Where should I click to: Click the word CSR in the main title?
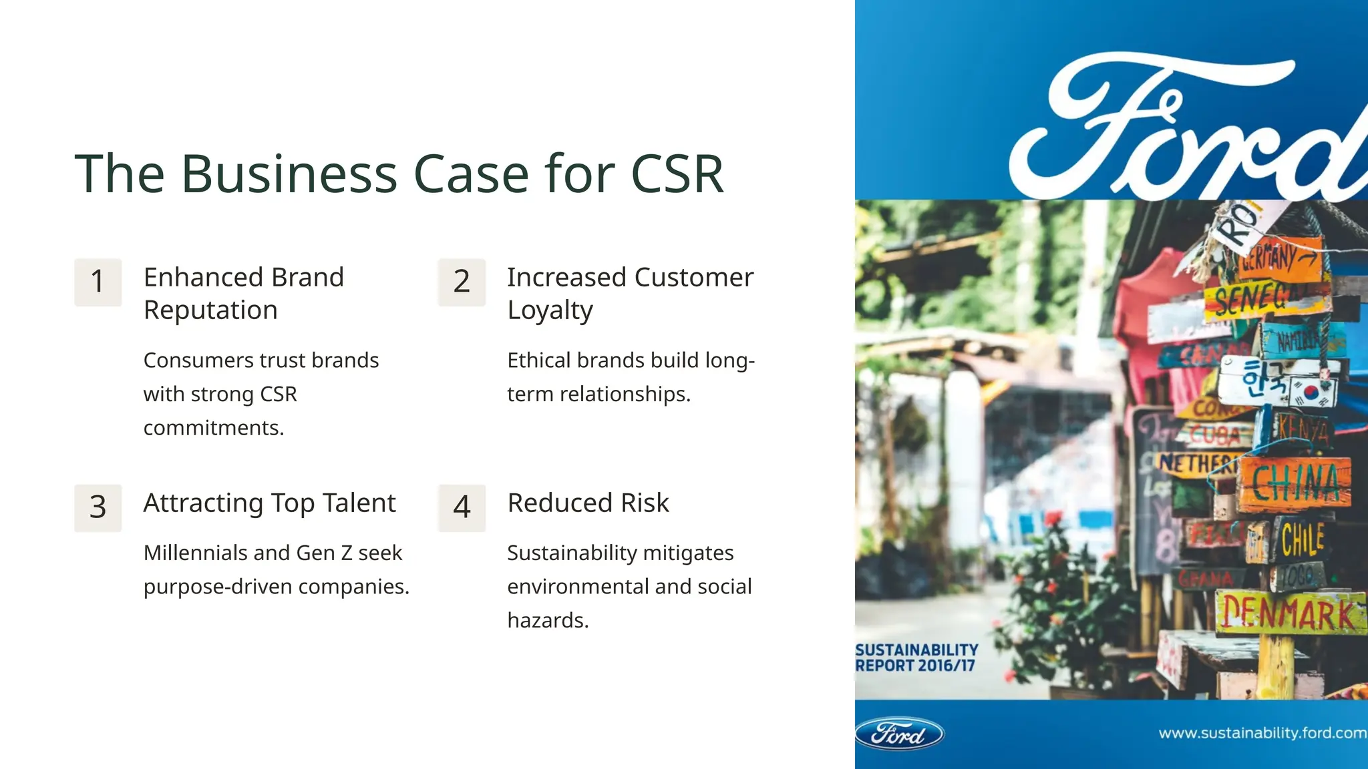tap(677, 174)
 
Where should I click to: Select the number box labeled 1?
tap(98, 282)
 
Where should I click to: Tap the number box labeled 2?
tap(462, 282)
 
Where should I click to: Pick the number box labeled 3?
tap(98, 507)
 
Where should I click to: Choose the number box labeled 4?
tap(462, 507)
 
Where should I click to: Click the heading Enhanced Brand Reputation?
tap(244, 293)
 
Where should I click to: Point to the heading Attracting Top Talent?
tap(269, 503)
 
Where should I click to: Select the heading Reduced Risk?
tap(588, 503)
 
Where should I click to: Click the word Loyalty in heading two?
tap(550, 310)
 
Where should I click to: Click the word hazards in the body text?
tap(547, 620)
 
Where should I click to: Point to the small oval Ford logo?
tap(899, 734)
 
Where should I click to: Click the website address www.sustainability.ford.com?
tap(1261, 733)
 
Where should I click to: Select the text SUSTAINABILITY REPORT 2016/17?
tap(916, 658)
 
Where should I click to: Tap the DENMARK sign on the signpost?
tap(1289, 613)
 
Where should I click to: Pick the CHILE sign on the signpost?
tap(1303, 539)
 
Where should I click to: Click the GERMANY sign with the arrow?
tap(1279, 257)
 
